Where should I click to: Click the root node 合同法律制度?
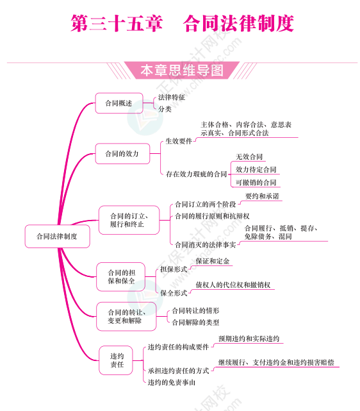tap(57, 236)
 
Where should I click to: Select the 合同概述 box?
tap(119, 103)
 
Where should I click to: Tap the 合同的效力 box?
tap(122, 154)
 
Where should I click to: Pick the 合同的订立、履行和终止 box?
tap(129, 220)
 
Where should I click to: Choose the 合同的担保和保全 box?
tap(120, 277)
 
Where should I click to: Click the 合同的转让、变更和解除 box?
tap(126, 316)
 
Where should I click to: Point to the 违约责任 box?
tap(116, 360)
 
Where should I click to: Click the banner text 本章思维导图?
tap(182, 71)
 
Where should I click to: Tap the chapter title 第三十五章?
tap(117, 24)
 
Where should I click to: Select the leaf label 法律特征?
tap(172, 97)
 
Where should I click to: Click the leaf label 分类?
tap(165, 109)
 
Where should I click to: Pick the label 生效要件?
tap(179, 141)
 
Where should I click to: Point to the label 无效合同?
tap(249, 156)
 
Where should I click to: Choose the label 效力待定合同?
tap(256, 169)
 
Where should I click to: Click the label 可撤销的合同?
tap(256, 183)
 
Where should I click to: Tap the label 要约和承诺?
tap(262, 196)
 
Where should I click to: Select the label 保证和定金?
tap(213, 261)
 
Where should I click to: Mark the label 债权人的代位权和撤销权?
tap(233, 285)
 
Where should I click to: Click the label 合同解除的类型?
tap(195, 323)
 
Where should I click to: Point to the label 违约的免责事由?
tap(172, 382)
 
